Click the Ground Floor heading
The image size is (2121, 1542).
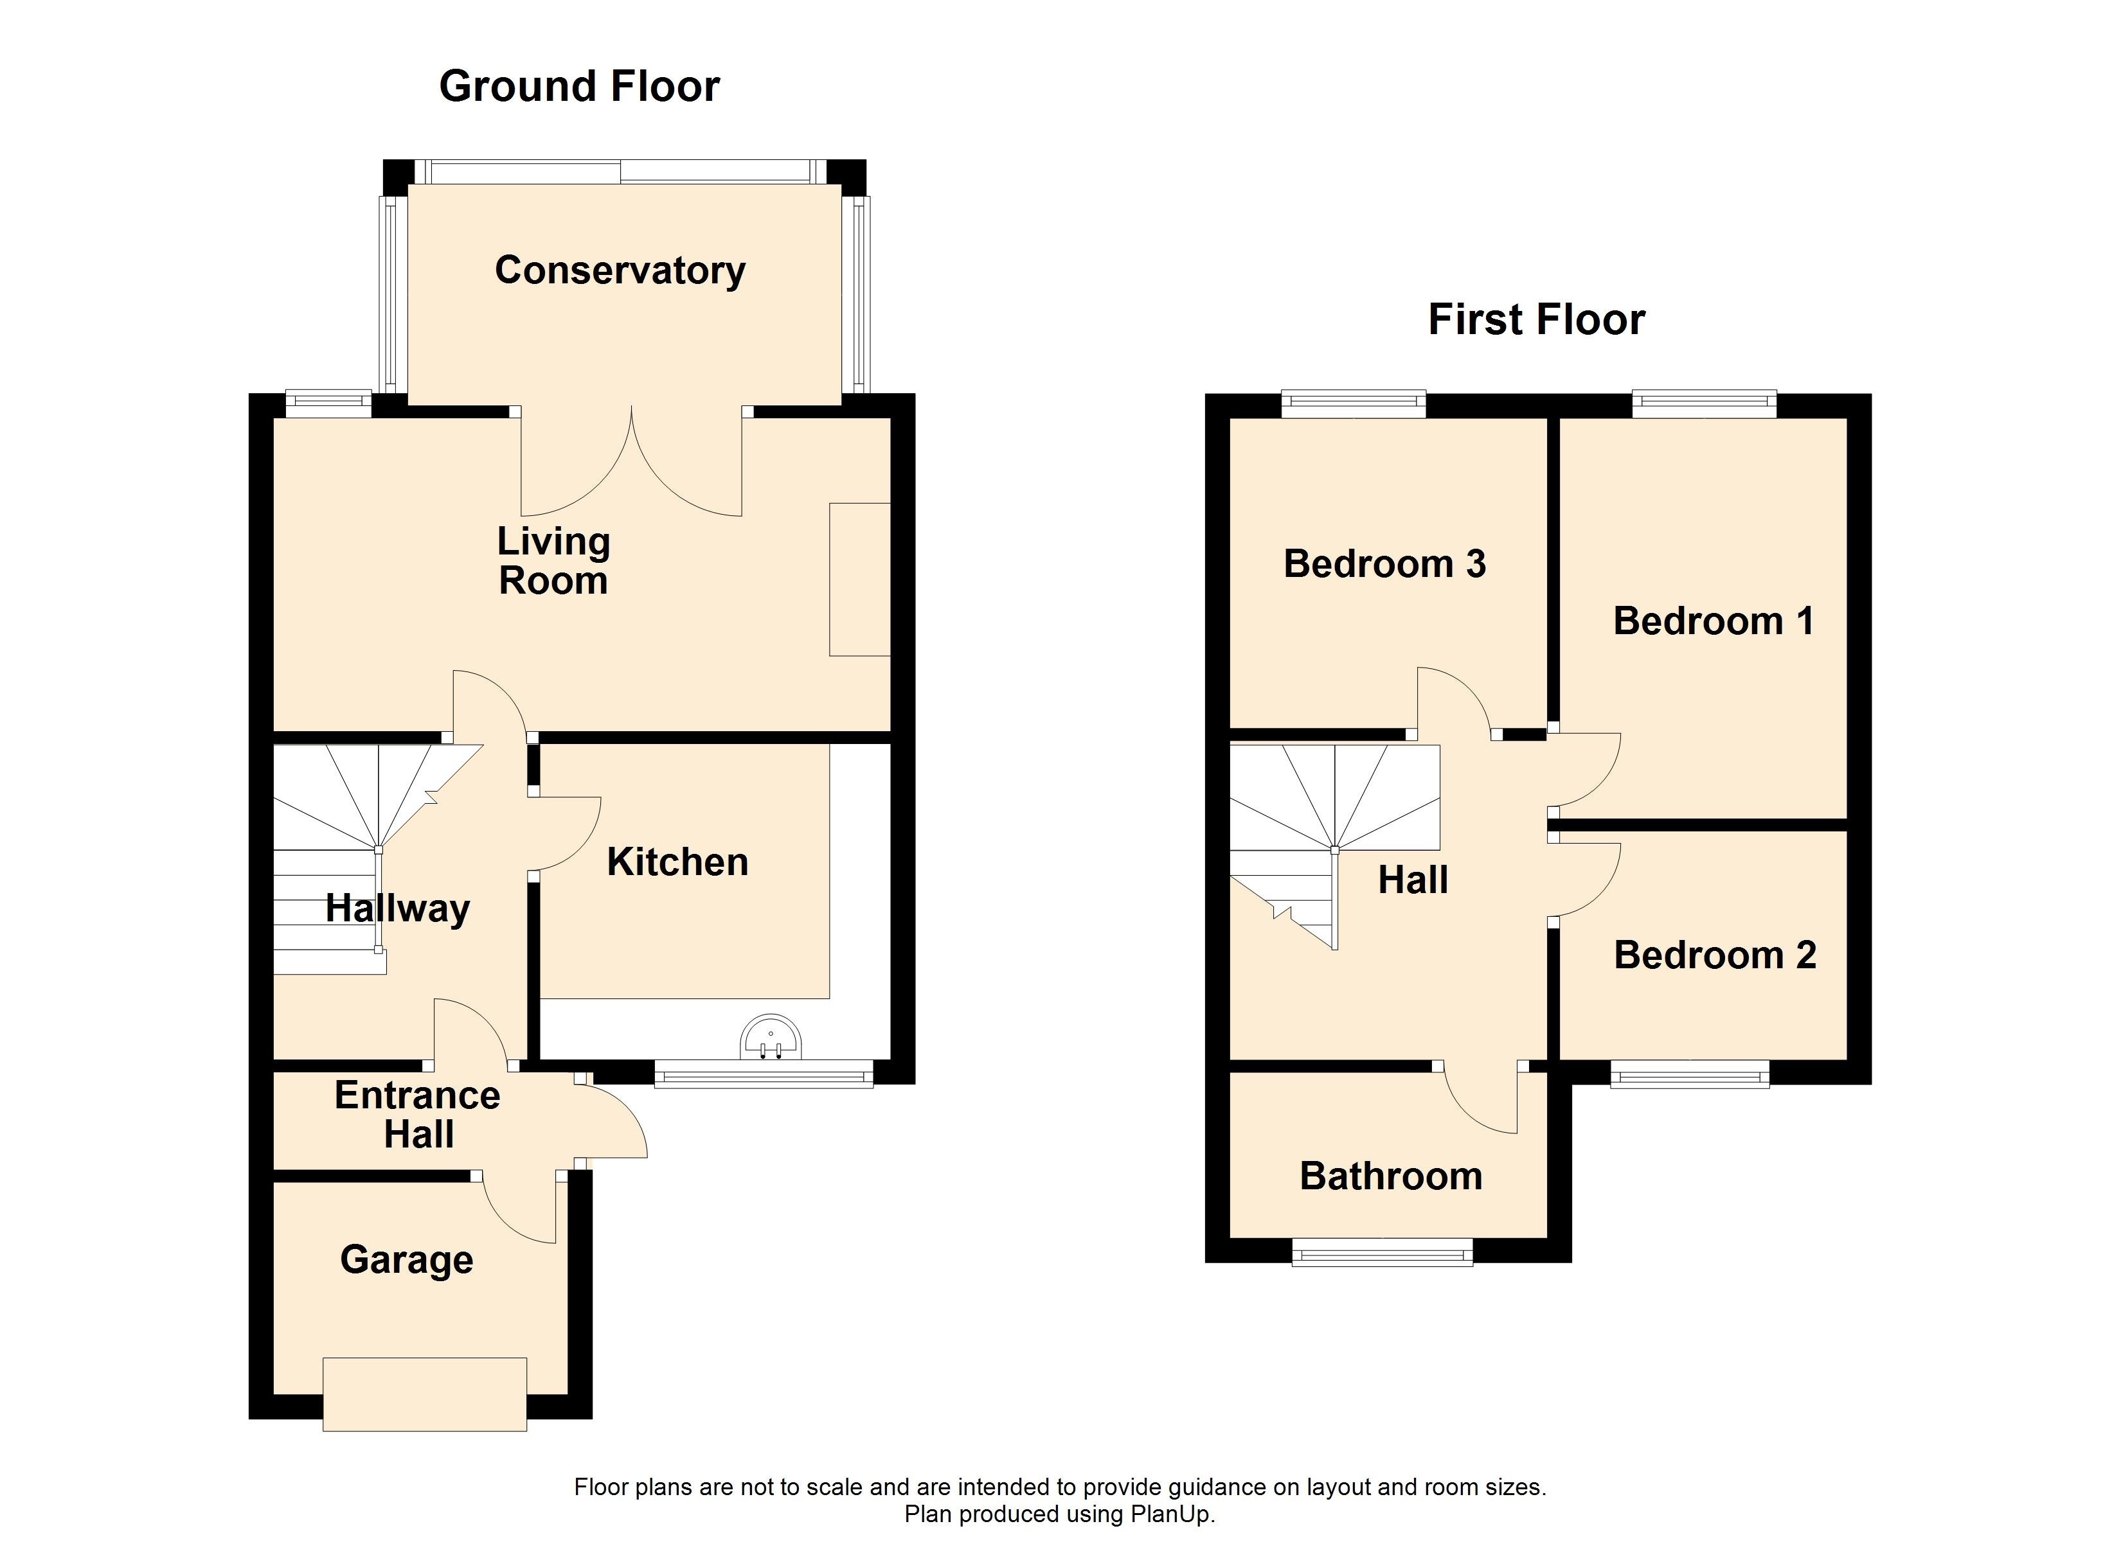click(x=579, y=87)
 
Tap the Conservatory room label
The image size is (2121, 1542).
click(x=620, y=270)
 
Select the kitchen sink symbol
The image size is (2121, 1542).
click(x=771, y=1038)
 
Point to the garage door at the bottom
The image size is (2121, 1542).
click(x=425, y=1394)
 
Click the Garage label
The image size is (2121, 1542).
click(x=407, y=1259)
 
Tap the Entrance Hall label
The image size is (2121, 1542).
click(x=417, y=1115)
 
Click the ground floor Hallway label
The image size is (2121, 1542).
click(x=397, y=908)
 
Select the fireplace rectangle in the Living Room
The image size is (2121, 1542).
click(x=859, y=580)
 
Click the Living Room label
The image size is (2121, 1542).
click(x=553, y=561)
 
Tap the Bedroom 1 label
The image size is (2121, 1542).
click(x=1714, y=621)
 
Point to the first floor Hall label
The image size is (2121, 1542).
click(x=1413, y=880)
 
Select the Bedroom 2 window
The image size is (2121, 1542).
click(x=1690, y=1074)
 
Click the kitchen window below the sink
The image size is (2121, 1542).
click(x=763, y=1074)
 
